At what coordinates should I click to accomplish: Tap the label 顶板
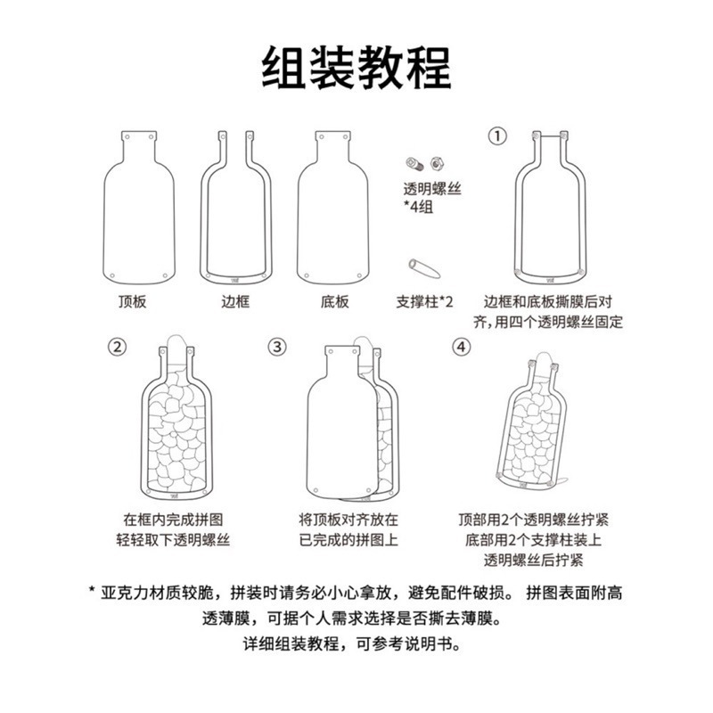click(x=133, y=301)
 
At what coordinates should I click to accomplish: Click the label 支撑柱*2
click(x=425, y=301)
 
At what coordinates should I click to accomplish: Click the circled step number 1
click(x=496, y=135)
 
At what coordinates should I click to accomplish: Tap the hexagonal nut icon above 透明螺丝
click(x=438, y=163)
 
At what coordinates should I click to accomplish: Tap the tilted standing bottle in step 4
click(x=535, y=423)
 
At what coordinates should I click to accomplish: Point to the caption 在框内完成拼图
click(x=175, y=519)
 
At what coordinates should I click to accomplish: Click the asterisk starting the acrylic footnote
click(x=93, y=592)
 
